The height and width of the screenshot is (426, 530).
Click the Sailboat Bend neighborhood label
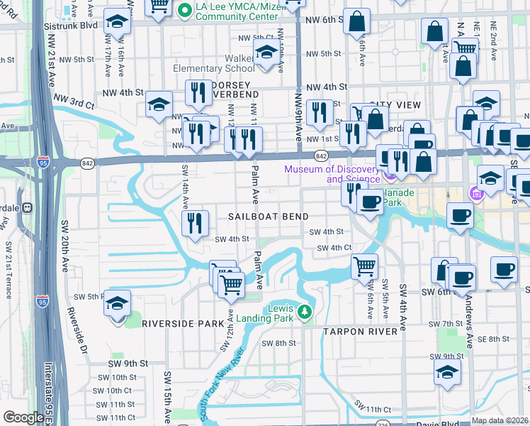pos(268,217)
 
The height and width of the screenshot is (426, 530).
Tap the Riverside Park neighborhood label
pos(183,324)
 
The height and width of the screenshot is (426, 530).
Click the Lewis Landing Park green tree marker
pos(305,312)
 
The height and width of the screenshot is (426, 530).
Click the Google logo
pos(23,417)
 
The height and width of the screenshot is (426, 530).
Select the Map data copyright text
pos(500,420)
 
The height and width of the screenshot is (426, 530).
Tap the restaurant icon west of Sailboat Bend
pos(193,223)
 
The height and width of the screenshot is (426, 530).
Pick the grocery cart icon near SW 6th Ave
pos(364,266)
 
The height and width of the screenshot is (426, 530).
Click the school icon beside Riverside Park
pos(117,304)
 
